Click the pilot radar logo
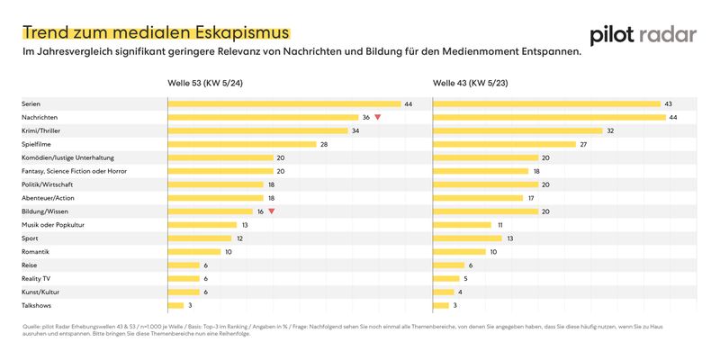[643, 35]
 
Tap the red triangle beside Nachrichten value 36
[378, 118]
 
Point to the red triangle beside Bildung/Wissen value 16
[271, 211]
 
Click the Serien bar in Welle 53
[284, 104]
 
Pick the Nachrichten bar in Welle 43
[549, 118]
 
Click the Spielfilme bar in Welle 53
[242, 144]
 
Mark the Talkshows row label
[38, 305]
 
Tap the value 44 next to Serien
[409, 104]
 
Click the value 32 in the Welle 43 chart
[610, 131]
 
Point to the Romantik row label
[36, 251]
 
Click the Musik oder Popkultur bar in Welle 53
[202, 225]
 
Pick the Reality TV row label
[36, 278]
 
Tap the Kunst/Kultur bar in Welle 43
[448, 292]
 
